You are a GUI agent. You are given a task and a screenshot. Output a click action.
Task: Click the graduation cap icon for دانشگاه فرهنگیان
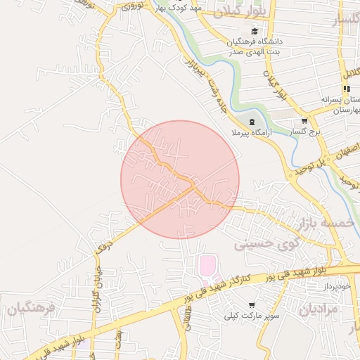(255, 31)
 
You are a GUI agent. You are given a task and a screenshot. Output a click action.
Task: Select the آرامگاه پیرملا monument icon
(252, 122)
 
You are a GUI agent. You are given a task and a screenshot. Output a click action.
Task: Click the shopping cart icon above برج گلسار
(304, 120)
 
